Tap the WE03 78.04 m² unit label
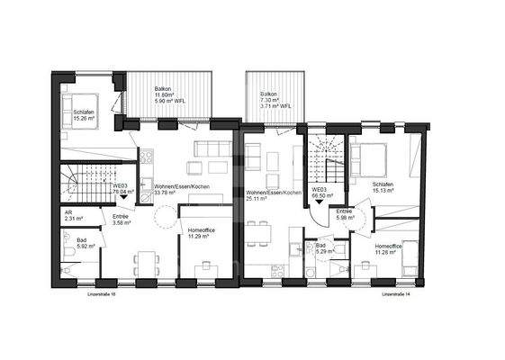[x=118, y=191]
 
